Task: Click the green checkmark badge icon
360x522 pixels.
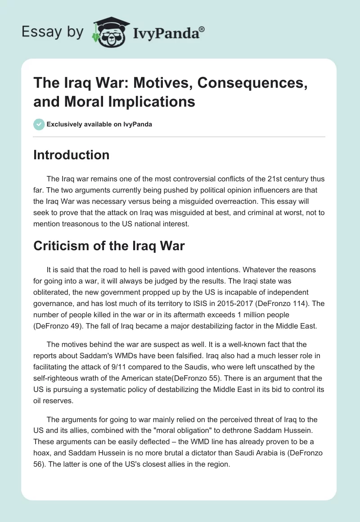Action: coord(39,124)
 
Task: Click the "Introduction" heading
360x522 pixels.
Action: coord(71,155)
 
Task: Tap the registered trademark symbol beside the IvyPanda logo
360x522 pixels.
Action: coord(202,28)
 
